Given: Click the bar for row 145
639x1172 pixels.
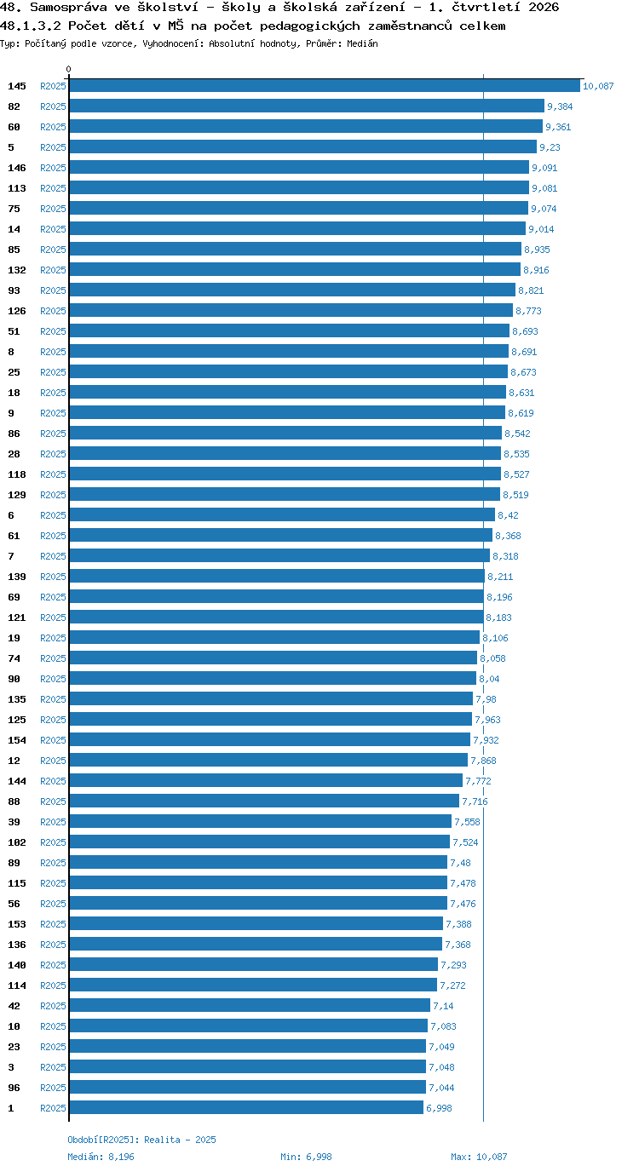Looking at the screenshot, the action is point(325,86).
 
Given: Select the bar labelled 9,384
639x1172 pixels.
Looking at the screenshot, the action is point(307,106).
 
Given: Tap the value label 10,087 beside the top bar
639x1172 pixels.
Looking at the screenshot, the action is point(598,86).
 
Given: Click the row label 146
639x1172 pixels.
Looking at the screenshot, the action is point(17,168).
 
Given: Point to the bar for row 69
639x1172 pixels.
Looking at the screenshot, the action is point(276,596).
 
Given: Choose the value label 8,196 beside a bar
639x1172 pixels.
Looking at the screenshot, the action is point(500,597).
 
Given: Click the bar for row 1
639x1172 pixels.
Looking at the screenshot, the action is point(246,1107).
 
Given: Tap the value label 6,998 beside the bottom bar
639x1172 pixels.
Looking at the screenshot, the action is point(439,1107).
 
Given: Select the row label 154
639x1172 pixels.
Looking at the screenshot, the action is point(17,740).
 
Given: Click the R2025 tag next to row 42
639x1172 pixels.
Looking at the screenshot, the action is point(54,1006).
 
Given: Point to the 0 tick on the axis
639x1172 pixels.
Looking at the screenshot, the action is point(68,70).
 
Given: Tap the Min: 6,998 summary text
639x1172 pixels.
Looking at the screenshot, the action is point(306,1157).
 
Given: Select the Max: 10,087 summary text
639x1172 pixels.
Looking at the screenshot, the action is point(479,1157).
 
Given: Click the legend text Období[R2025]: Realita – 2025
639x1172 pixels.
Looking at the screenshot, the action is point(141,1140).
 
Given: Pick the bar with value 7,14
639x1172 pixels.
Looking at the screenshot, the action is point(250,1005).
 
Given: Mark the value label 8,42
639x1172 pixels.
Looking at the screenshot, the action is point(508,515).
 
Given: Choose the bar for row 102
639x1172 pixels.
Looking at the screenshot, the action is point(260,842).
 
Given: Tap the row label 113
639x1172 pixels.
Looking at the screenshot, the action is point(17,188).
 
